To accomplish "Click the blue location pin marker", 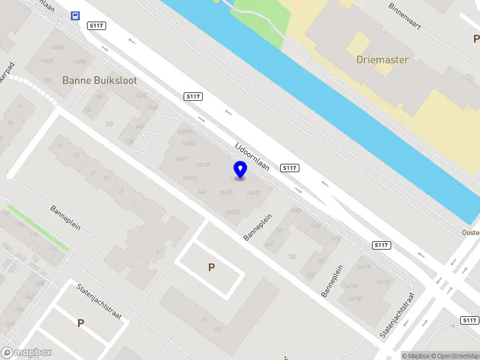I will [240, 170].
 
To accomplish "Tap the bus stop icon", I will [76, 16].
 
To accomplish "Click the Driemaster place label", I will [382, 60].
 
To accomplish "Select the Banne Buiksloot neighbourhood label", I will [100, 80].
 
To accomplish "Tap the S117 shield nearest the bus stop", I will [96, 25].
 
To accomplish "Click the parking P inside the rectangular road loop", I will [211, 268].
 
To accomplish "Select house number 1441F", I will [181, 159].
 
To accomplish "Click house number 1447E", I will [233, 212].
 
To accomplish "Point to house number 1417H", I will [364, 267].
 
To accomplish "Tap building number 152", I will [292, 257].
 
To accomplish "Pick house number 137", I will [109, 124].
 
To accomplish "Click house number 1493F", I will [47, 61].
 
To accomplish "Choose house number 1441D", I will [190, 178].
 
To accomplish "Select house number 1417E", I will [355, 299].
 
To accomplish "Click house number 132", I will [47, 80].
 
